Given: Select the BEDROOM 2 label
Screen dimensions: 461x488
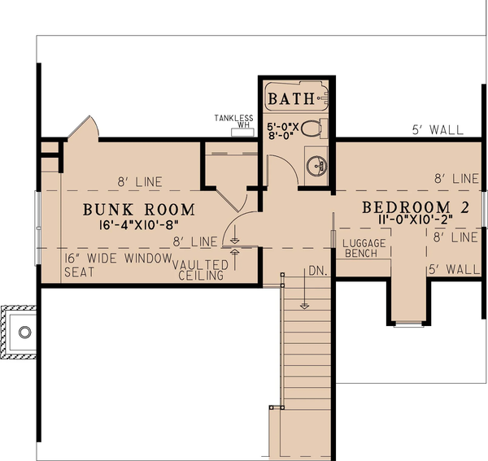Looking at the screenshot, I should coord(415,207).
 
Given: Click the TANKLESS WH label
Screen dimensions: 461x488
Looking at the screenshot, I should coord(234,121).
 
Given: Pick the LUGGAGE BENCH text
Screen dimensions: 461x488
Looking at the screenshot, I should coord(362,249).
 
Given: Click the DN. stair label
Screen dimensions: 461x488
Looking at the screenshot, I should coord(318,272).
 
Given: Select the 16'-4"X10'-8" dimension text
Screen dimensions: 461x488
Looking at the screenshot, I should coord(136,224).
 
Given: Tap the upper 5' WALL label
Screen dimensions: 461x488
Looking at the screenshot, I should coord(438,129).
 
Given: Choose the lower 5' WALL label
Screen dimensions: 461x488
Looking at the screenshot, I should coord(453,267).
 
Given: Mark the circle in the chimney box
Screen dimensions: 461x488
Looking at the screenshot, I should coord(24,332).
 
